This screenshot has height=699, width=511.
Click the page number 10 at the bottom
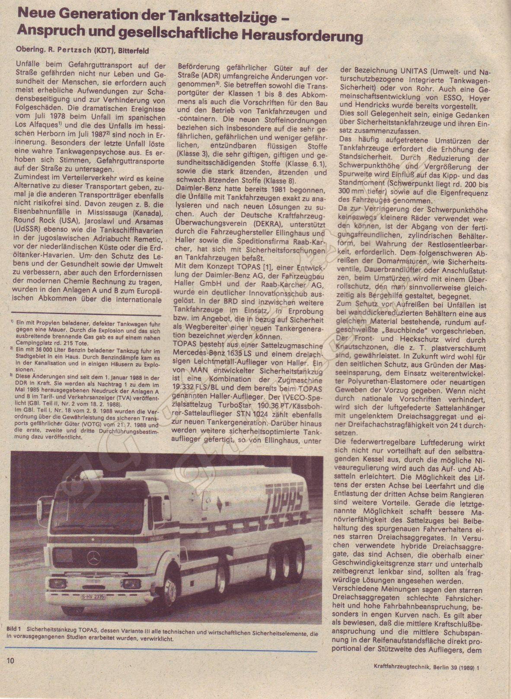[11, 661]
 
